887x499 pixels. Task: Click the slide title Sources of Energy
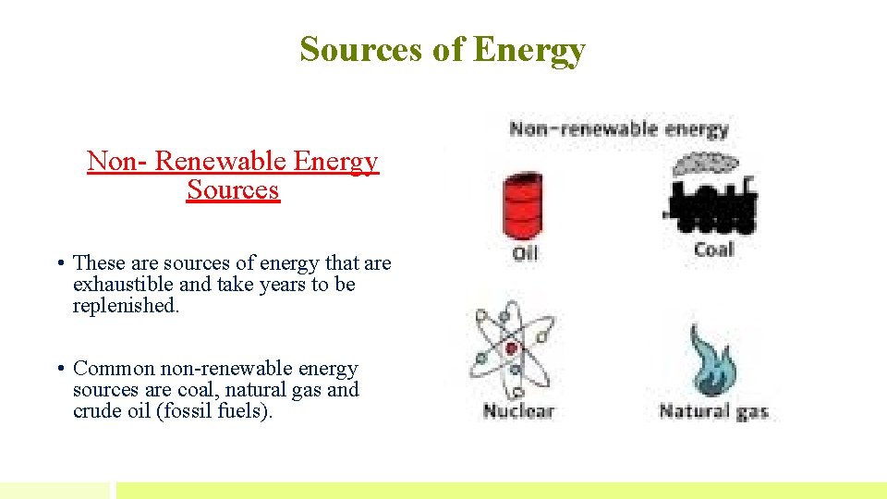443,49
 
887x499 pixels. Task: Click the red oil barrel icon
524,206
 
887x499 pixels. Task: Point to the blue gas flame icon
711,361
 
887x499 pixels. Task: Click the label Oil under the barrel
525,252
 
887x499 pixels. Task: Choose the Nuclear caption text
517,410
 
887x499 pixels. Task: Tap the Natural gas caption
713,410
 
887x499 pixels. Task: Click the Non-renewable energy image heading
619,129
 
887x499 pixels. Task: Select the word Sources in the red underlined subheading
233,190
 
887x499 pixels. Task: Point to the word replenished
125,306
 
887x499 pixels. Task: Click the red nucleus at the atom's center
512,349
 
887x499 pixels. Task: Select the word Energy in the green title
529,49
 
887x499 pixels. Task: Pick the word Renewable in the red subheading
220,162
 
